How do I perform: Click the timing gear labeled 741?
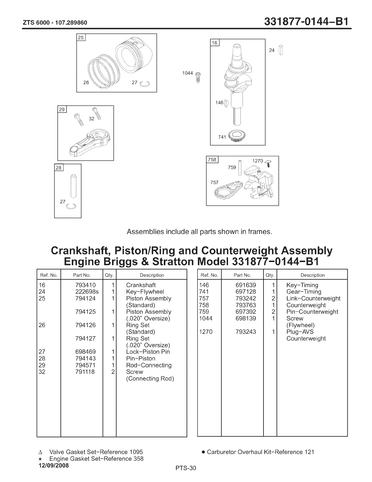[238, 136]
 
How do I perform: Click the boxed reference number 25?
[81, 38]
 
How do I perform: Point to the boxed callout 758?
[211, 159]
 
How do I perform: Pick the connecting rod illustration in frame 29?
[90, 142]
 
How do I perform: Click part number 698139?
[246, 318]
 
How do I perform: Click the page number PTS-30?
[186, 468]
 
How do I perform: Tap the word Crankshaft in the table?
[141, 285]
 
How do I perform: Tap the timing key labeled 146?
[226, 104]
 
